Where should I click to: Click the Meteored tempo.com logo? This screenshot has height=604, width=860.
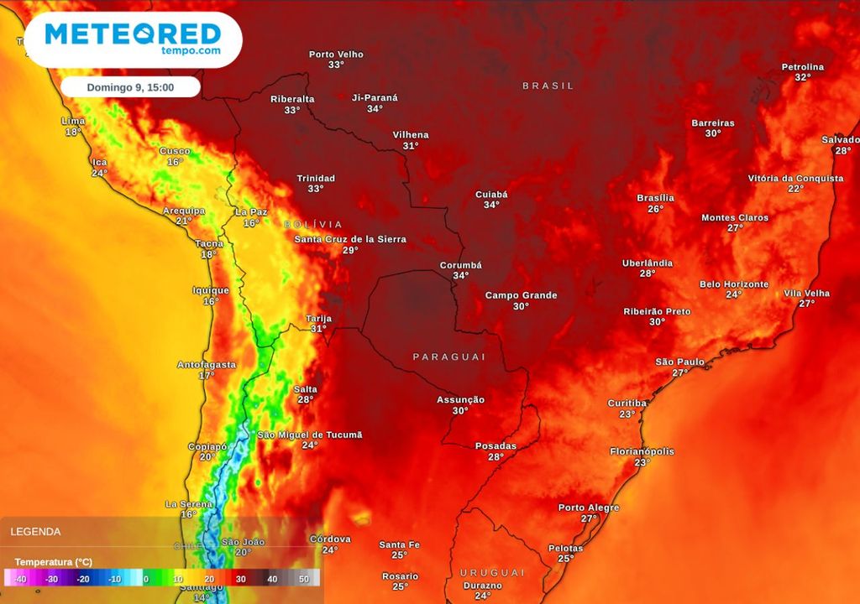(133, 39)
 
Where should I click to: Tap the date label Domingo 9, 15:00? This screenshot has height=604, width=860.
(130, 87)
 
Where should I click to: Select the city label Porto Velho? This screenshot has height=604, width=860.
(336, 55)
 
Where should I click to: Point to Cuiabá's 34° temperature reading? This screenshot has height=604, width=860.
(491, 205)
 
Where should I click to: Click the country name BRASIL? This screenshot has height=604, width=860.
(548, 86)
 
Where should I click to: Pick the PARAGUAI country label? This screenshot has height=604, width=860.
(449, 357)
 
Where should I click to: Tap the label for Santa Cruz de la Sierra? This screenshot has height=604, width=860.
(350, 239)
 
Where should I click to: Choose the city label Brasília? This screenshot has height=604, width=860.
(656, 198)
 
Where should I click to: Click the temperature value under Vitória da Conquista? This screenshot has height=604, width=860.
(795, 189)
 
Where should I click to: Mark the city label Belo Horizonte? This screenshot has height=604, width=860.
(734, 284)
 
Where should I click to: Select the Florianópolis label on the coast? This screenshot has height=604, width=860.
(642, 451)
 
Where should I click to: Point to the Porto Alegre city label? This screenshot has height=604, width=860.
(589, 508)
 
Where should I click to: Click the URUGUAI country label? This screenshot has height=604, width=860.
(492, 572)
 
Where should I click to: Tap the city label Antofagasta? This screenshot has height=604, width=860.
(207, 365)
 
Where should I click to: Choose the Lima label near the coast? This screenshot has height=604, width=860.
(74, 121)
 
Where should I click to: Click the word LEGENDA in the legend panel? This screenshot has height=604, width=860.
(35, 531)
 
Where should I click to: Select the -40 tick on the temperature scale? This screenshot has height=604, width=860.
(19, 579)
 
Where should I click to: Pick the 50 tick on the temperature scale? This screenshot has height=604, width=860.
(304, 579)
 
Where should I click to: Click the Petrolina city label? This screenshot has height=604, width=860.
(803, 67)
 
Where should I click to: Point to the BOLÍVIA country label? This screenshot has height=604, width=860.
(313, 224)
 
